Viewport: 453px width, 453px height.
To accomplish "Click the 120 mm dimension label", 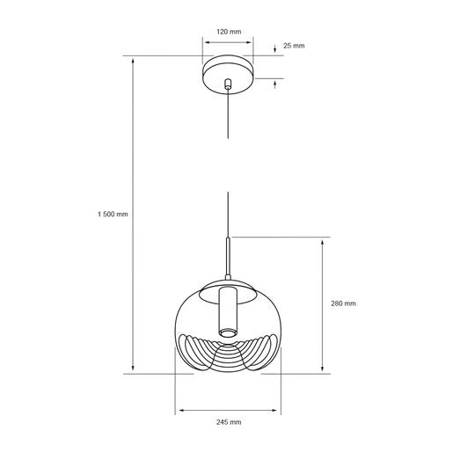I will (x=229, y=31).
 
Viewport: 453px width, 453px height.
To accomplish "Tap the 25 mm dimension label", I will (x=293, y=45).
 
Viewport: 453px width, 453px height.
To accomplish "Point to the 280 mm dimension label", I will (x=344, y=303).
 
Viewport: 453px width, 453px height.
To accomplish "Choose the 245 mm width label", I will (x=229, y=422).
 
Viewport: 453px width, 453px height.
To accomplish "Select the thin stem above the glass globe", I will (x=229, y=259).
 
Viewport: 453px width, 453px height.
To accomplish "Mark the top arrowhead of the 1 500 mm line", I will (x=134, y=60).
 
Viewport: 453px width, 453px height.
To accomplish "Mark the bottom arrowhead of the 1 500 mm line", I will (x=134, y=370).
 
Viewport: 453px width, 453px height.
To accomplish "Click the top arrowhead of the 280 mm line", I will (x=324, y=240).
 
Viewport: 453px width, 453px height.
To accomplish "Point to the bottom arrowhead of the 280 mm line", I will (x=324, y=370).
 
